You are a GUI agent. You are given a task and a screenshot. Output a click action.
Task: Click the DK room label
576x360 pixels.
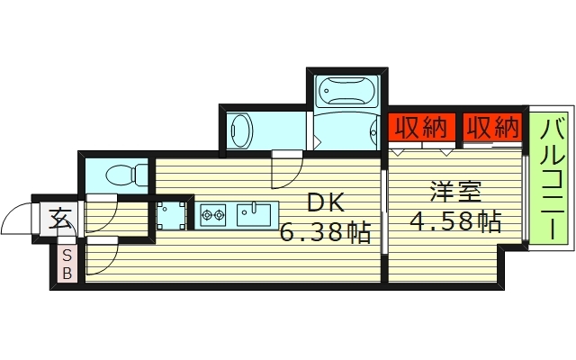[x=326, y=202]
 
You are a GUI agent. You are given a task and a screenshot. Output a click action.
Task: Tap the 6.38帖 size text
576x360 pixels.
[x=325, y=232]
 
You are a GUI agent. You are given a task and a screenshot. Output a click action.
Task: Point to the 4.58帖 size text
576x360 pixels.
[x=455, y=220]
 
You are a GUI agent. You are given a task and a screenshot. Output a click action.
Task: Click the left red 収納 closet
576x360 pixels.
[x=421, y=128]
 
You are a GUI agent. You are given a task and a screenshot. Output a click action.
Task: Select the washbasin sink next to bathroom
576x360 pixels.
[x=238, y=130]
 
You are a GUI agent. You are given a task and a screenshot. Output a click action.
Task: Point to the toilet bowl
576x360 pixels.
[x=119, y=175]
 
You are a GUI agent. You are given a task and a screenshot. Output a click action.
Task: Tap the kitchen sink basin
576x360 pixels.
[x=253, y=215]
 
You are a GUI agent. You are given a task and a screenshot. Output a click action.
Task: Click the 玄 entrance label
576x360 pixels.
[x=60, y=219]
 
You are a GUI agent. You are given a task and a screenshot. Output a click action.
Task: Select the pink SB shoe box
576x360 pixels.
[x=66, y=265]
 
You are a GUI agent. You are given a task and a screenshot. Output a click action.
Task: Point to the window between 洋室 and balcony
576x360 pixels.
[x=525, y=198]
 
